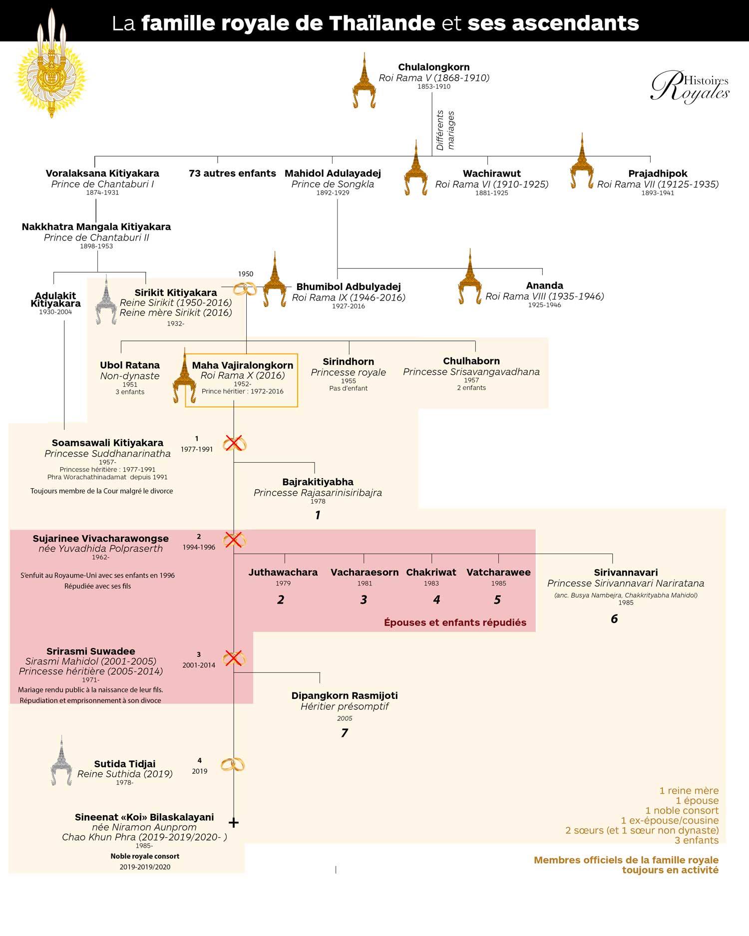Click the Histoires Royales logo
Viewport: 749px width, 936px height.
point(690,86)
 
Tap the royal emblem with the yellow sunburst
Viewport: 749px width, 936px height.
point(51,64)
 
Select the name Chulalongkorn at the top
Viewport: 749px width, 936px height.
point(433,67)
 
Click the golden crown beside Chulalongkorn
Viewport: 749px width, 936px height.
point(364,80)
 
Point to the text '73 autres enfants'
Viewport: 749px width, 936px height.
point(232,173)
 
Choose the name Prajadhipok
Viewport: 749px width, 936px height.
point(658,173)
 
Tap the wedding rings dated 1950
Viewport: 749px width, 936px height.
point(245,289)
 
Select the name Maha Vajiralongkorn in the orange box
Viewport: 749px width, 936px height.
point(243,365)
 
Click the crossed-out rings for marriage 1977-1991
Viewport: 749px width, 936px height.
point(234,443)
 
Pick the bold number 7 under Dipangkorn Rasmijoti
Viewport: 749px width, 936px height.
point(345,733)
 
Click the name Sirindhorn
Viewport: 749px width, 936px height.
point(348,361)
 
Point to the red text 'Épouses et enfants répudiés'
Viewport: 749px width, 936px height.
point(455,622)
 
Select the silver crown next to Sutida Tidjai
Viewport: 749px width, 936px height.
point(61,760)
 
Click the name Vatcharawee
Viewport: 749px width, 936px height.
point(498,572)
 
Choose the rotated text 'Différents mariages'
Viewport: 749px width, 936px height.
point(445,130)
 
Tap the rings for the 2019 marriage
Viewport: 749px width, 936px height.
point(233,764)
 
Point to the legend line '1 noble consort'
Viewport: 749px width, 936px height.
point(682,810)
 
